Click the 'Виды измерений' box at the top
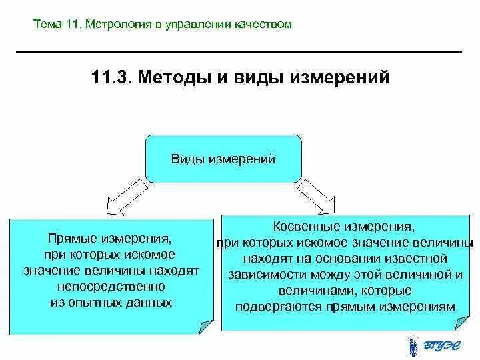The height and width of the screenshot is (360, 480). (x=223, y=159)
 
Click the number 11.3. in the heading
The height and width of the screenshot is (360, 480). (x=114, y=79)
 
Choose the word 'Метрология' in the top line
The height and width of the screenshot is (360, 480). (x=113, y=25)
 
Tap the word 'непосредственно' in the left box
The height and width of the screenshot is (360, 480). (x=111, y=287)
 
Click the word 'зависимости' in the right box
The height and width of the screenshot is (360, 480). (x=261, y=275)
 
